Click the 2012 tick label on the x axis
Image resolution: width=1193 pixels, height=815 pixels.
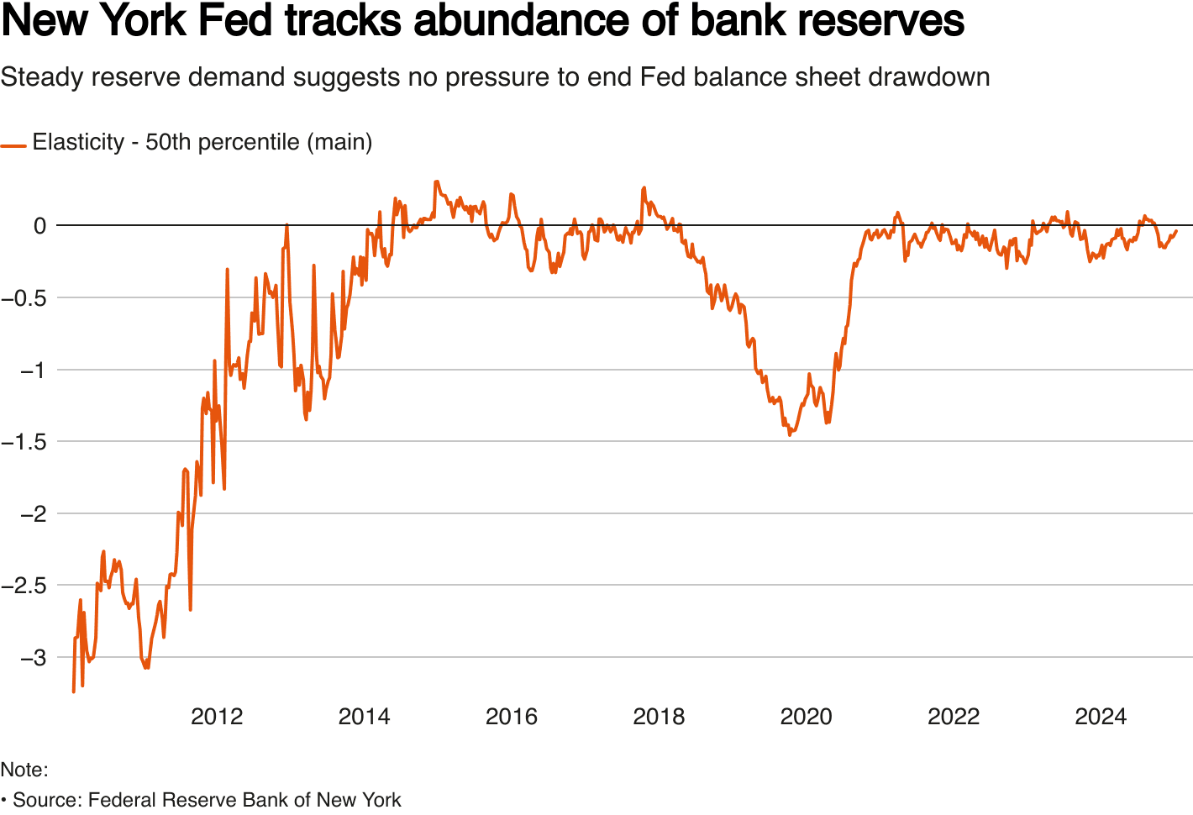[217, 717]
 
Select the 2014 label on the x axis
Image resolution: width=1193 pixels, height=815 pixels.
[364, 717]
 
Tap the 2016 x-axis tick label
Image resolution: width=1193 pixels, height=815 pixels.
[512, 717]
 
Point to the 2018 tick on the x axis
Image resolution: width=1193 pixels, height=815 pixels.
[659, 717]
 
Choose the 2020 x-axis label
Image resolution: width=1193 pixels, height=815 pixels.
[806, 717]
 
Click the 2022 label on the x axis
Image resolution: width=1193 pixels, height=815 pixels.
[954, 717]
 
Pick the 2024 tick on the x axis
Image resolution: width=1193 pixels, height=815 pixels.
[1101, 717]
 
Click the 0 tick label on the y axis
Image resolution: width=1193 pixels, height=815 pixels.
[39, 226]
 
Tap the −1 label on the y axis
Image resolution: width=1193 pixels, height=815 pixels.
[34, 371]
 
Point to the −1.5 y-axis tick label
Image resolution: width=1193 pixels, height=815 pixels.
[24, 442]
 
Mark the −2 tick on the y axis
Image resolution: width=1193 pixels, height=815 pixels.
[34, 514]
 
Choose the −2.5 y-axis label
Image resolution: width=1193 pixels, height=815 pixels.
[24, 586]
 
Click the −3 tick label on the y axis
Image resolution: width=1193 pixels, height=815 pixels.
[34, 658]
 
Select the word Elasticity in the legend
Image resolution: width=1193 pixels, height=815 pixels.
[78, 142]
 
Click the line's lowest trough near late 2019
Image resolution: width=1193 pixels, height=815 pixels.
[790, 434]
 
